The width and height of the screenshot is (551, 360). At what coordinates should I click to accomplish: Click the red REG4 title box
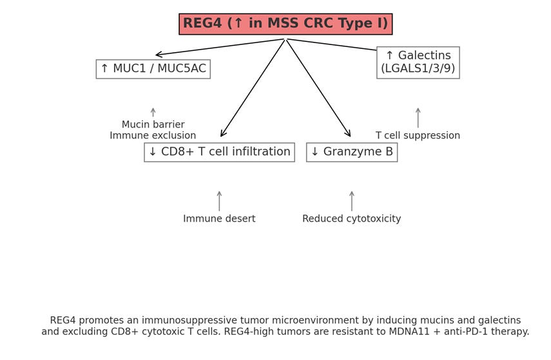coord(285,24)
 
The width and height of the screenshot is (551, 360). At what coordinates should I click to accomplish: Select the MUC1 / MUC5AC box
coord(153,69)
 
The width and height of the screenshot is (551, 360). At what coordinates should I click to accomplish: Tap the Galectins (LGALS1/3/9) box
coord(418,62)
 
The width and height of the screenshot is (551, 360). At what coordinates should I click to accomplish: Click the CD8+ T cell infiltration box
coord(219,152)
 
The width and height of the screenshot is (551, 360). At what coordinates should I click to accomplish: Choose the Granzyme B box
coord(351,152)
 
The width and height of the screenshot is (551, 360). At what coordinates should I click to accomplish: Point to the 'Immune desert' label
coord(219,219)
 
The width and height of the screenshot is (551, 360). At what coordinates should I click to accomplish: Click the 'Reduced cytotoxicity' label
coord(351,219)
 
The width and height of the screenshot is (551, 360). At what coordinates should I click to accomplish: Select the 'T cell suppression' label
coord(418,136)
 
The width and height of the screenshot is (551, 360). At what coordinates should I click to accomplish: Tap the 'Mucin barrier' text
coord(153,124)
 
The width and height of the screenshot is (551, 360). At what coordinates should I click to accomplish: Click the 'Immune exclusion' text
coord(153,136)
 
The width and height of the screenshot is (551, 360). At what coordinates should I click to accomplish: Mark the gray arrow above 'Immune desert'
coord(219,200)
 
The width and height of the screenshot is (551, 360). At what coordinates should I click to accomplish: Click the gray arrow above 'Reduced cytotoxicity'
coord(351,200)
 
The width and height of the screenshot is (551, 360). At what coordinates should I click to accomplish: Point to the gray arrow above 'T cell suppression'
coord(418,117)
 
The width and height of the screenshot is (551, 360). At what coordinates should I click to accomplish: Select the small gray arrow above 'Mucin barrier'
coord(153,112)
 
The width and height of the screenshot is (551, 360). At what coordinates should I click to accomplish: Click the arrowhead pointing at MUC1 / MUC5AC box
coord(159,55)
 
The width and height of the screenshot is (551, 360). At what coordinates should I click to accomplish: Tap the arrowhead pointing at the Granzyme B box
coord(349,134)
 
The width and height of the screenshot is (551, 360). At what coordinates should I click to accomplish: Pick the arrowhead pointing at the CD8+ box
coord(222,134)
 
